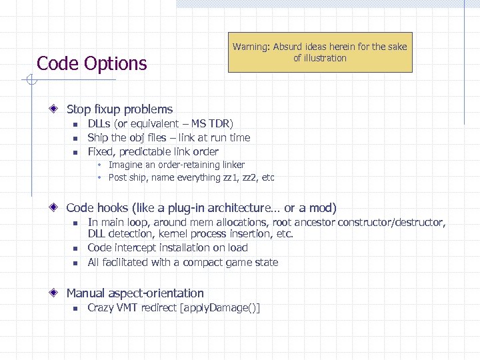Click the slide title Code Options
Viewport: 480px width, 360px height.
point(91,63)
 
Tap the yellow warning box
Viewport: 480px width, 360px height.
point(319,52)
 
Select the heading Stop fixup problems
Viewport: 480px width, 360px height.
point(119,109)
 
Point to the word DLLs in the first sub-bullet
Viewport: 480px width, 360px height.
point(99,124)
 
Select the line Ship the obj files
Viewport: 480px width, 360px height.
point(169,137)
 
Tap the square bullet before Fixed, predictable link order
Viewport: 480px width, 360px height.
point(76,151)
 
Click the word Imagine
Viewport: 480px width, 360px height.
point(126,165)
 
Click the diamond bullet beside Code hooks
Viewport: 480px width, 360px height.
point(59,208)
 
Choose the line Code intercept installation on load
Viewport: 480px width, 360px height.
point(167,248)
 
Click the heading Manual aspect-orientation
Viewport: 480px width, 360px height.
point(135,293)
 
